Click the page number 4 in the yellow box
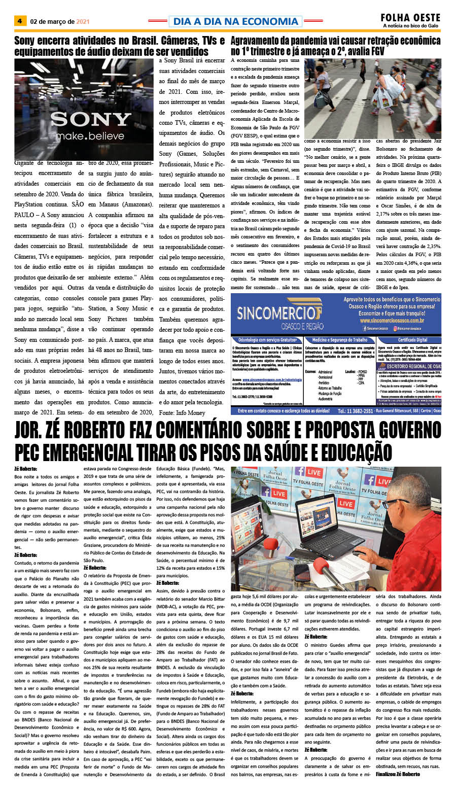click(19, 21)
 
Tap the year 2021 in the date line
click(83, 22)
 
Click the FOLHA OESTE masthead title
click(410, 18)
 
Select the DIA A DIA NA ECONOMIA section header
click(235, 21)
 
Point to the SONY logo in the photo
click(90, 119)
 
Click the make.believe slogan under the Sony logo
click(90, 136)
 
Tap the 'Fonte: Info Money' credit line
click(182, 412)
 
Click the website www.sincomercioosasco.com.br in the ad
click(392, 321)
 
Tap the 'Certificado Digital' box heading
click(412, 340)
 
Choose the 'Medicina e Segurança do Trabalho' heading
click(340, 340)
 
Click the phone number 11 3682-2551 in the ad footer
click(355, 411)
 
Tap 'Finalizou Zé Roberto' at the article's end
click(398, 774)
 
